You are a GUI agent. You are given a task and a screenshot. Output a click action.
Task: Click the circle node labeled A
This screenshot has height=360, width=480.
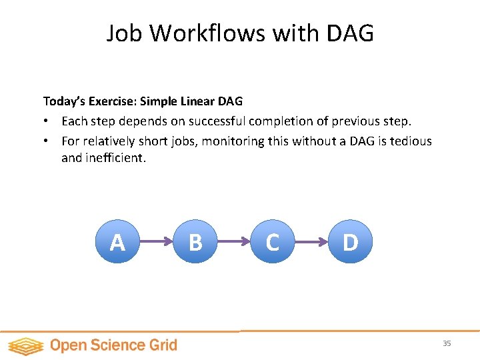117,242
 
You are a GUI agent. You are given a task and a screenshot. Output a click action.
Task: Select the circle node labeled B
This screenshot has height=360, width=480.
195,242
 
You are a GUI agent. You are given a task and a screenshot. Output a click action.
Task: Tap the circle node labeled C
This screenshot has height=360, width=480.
272,242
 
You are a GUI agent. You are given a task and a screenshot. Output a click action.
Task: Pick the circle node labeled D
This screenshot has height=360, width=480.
350,242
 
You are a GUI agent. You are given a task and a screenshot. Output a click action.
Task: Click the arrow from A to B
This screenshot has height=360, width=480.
156,242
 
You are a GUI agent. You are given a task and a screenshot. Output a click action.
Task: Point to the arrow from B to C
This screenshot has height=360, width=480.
233,242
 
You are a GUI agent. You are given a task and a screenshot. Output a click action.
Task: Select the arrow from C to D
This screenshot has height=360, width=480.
311,242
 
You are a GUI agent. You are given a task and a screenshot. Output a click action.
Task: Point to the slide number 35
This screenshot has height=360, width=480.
447,343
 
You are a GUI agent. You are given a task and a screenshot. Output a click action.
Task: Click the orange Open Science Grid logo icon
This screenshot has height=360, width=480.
26,345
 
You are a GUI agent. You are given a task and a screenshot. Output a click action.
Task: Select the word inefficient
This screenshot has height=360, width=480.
115,159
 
